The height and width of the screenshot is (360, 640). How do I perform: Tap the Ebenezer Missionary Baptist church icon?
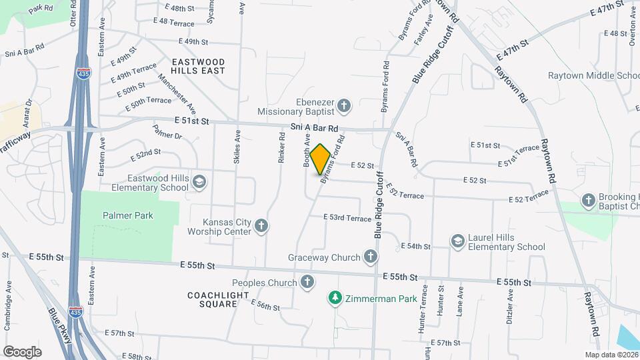tap(343, 105)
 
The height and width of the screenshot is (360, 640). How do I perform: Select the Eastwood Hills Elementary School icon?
tap(199, 182)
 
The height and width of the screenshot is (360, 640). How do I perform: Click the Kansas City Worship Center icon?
tap(261, 226)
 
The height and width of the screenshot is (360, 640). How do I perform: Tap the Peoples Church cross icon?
tap(307, 282)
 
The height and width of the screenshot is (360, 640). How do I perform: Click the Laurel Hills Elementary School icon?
tap(457, 241)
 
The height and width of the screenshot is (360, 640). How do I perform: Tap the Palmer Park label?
tap(128, 215)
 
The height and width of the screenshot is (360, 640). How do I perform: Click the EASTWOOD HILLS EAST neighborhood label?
tap(198, 65)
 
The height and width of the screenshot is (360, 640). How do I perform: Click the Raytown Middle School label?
tap(593, 75)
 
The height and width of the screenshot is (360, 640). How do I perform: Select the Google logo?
tap(22, 351)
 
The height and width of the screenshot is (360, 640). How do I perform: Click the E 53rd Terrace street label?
tap(347, 218)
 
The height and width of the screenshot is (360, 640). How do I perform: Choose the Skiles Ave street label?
tap(237, 143)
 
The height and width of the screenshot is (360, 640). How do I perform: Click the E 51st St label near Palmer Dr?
tap(192, 121)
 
